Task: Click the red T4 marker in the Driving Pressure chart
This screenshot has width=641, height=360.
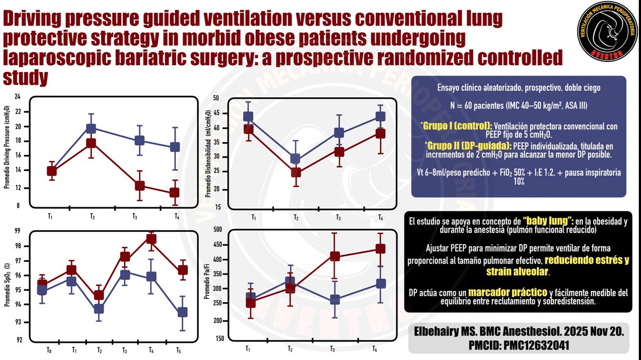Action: (x=174, y=193)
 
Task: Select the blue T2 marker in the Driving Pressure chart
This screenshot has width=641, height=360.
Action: (x=91, y=128)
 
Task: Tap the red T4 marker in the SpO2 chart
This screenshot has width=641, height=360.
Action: (x=151, y=239)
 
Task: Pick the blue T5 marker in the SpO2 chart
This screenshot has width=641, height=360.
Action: (x=182, y=312)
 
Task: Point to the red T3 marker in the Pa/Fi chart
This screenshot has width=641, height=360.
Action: (x=335, y=256)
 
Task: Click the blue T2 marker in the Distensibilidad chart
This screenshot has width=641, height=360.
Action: (x=295, y=159)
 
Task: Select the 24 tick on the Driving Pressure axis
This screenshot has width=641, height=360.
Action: (x=17, y=97)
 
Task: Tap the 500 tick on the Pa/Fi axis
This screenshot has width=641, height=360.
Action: (x=217, y=230)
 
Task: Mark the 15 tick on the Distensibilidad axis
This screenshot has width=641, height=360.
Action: (x=217, y=207)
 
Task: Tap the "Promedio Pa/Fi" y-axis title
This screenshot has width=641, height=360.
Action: (x=207, y=284)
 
